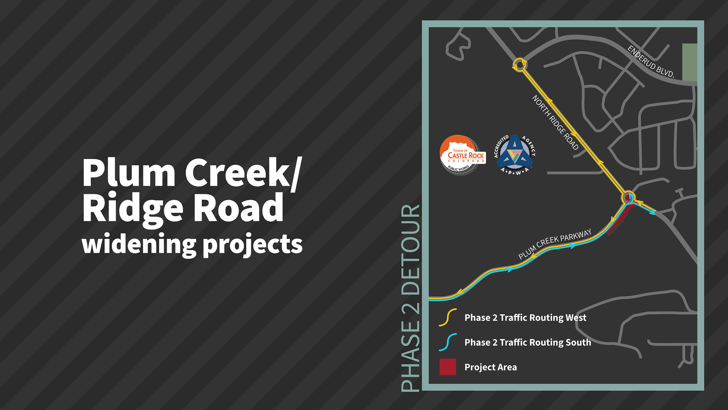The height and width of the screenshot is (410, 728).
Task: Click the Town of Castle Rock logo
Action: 462,155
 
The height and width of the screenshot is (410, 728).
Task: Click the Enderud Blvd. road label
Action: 651,62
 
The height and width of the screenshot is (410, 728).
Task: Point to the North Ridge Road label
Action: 555,122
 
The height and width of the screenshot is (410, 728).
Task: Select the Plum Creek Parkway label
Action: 555,244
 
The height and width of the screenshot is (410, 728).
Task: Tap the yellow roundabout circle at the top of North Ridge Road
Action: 520,65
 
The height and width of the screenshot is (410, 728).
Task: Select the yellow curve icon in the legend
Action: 448,317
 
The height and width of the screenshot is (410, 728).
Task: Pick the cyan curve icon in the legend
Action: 448,342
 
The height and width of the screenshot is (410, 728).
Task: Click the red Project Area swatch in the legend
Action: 448,367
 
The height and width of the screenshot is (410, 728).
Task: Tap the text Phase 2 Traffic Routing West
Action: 525,318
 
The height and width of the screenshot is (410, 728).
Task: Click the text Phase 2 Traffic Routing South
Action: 528,342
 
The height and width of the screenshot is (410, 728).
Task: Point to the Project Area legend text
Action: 491,367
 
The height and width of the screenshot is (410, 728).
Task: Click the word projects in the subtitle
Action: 253,246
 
